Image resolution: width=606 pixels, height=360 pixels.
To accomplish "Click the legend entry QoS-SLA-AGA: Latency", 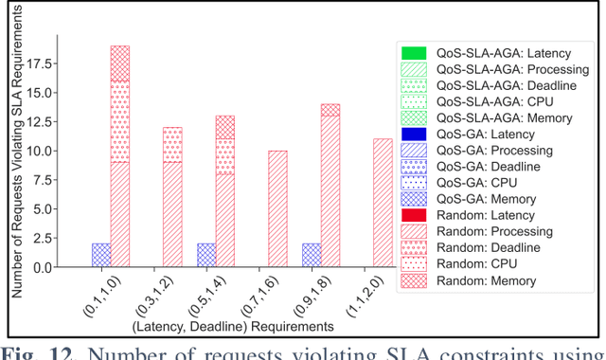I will [x=496, y=53].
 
